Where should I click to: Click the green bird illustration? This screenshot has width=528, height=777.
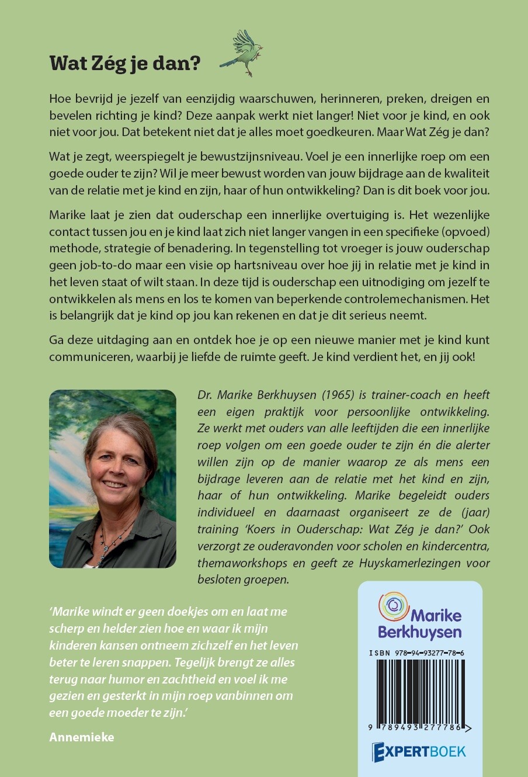[242, 53]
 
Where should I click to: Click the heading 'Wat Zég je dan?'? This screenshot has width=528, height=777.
[125, 63]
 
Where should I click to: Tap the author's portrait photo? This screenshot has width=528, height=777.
[113, 478]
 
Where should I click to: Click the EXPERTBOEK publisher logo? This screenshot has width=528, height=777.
[419, 751]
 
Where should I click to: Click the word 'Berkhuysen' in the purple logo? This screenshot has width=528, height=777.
[419, 632]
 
